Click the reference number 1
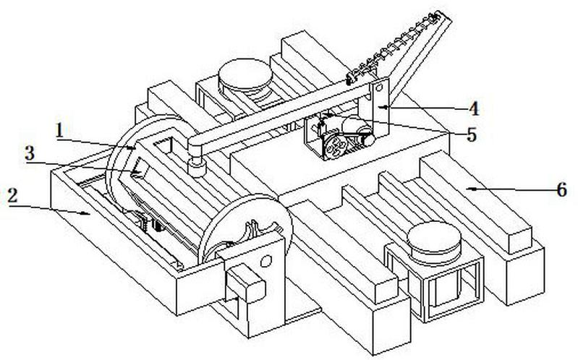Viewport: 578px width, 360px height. pos(59,131)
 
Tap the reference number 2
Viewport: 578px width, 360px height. pos(13,196)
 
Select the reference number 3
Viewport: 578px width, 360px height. pos(30,153)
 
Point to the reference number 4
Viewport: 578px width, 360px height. pos(473,109)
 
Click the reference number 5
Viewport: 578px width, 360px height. pos(472,135)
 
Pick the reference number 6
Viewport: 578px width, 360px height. pos(561,190)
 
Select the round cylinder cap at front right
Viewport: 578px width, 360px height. pos(434,238)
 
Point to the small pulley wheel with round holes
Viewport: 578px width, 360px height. pos(335,146)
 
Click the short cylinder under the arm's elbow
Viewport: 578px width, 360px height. pos(197,167)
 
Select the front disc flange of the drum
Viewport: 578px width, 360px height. pos(245,228)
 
